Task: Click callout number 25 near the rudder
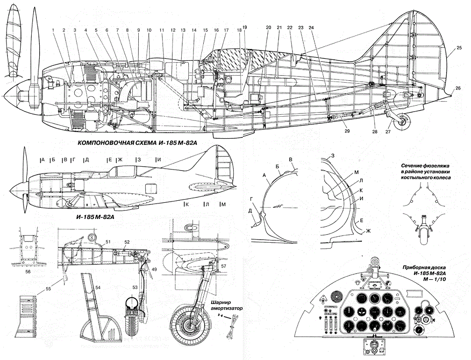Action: pyautogui.click(x=459, y=47)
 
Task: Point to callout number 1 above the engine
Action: pyautogui.click(x=54, y=30)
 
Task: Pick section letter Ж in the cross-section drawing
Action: pyautogui.click(x=368, y=231)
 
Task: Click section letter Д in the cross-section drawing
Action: pyautogui.click(x=251, y=211)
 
